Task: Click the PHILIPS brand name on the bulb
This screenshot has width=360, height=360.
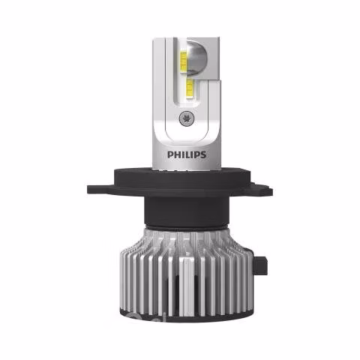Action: click(x=187, y=154)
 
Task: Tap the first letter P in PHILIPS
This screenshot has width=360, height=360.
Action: click(x=170, y=154)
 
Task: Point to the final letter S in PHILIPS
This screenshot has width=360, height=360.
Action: click(x=203, y=154)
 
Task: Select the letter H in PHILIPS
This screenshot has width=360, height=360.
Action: click(x=177, y=154)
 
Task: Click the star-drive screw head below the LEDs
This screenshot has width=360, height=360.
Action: click(x=185, y=118)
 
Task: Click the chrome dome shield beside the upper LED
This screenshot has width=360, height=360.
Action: click(x=196, y=58)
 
